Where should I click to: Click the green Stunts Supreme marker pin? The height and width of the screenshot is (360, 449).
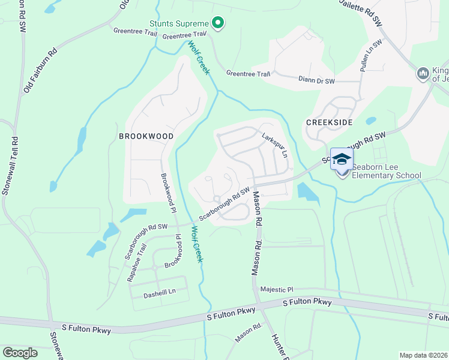pyautogui.click(x=218, y=24)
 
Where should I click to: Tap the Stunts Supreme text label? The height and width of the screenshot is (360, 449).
pyautogui.click(x=178, y=25)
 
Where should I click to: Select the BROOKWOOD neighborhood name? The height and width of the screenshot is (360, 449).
pyautogui.click(x=146, y=136)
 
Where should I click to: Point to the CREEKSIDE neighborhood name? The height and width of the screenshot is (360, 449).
pyautogui.click(x=329, y=122)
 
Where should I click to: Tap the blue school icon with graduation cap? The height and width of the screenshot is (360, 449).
pyautogui.click(x=342, y=159)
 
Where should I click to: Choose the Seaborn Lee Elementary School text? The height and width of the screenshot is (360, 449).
pyautogui.click(x=387, y=172)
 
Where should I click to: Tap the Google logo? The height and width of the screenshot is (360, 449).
pyautogui.click(x=20, y=352)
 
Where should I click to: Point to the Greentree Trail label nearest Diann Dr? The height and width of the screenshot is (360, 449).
pyautogui.click(x=248, y=73)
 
